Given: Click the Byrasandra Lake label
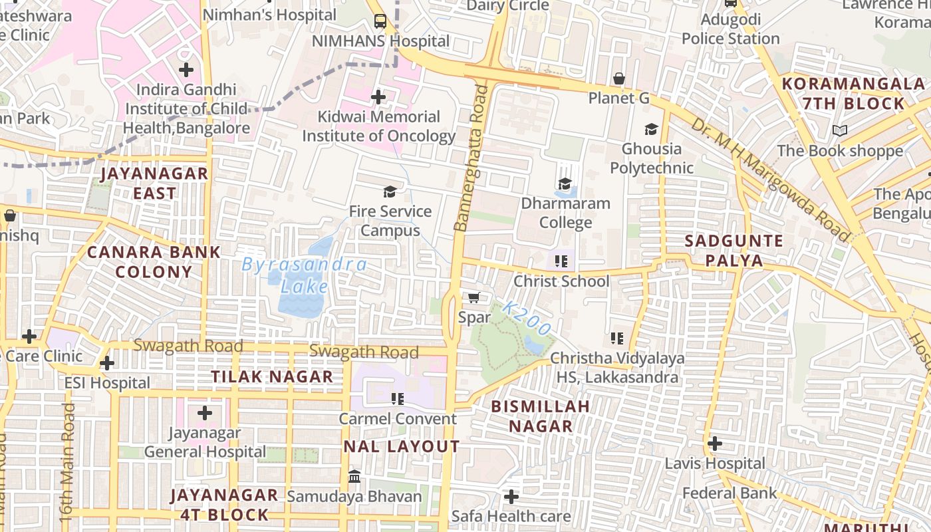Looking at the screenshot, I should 304,275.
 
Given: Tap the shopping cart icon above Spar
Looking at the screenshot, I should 474,297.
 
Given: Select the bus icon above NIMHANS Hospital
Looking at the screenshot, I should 380,21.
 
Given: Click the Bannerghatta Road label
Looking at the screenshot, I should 470,158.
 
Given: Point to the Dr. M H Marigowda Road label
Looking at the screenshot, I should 770,180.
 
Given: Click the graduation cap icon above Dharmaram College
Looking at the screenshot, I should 565,184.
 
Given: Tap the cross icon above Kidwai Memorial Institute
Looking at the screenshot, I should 378,98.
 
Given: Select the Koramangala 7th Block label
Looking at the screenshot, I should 853,94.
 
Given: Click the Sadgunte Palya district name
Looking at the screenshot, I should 733,250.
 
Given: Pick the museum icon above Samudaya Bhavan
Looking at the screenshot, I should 354,477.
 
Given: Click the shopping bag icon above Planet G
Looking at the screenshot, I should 619,78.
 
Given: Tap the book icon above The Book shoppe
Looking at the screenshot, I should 840,131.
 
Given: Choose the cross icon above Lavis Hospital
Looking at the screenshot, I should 715,443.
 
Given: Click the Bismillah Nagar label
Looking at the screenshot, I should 540,416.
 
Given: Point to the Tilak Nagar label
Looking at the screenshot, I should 272,376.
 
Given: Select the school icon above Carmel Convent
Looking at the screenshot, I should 397,399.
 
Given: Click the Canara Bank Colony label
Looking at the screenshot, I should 154,261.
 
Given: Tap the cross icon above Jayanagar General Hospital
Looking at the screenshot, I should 205,413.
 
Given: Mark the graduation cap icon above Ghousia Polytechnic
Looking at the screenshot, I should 651,129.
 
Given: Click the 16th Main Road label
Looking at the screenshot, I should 67,452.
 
